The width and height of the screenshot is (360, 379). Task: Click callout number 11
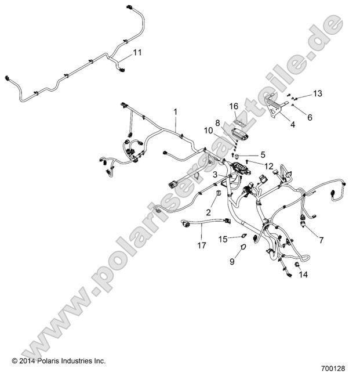pyautogui.click(x=137, y=52)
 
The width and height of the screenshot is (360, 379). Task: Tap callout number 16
pyautogui.click(x=234, y=106)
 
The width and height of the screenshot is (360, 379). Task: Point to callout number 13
pyautogui.click(x=317, y=93)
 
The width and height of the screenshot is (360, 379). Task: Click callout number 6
pyautogui.click(x=309, y=117)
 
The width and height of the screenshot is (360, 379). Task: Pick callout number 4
pyautogui.click(x=292, y=124)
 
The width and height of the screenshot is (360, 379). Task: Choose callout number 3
pyautogui.click(x=214, y=174)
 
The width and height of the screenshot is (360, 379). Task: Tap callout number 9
pyautogui.click(x=232, y=262)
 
